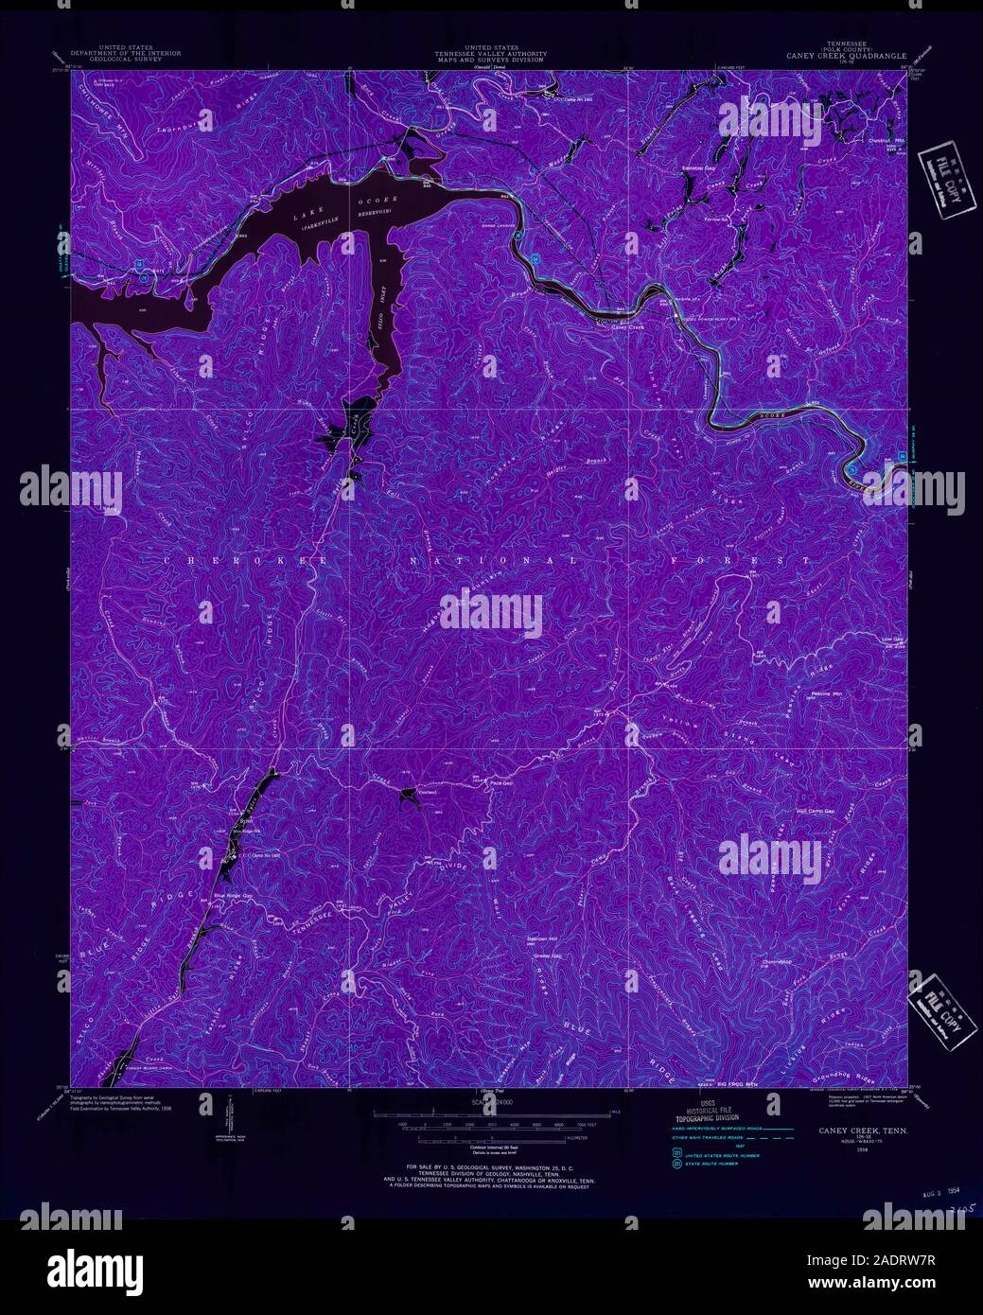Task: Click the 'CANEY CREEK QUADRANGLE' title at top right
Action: point(845,55)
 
